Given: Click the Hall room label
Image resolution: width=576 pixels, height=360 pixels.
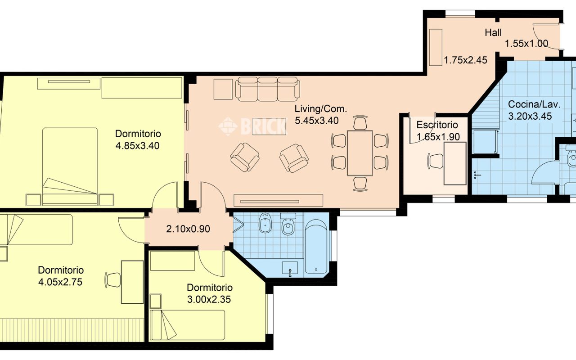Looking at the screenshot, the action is [x=493, y=33].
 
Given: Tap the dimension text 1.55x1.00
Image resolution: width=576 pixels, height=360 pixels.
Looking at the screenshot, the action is [x=526, y=44].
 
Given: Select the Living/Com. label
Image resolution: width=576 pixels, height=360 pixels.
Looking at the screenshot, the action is [x=321, y=109].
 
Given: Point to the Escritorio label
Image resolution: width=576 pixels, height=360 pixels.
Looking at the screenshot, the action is [x=437, y=125].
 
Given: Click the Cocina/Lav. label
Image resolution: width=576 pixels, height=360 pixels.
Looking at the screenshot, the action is [x=534, y=104].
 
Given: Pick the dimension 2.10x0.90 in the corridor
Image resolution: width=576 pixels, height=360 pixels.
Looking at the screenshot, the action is [x=188, y=229].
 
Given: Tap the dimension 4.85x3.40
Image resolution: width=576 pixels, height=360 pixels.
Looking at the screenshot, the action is [x=137, y=146].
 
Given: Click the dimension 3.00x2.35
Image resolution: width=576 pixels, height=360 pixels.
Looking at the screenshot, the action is [x=209, y=300].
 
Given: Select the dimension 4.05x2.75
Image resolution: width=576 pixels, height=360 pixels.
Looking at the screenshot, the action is [x=60, y=282].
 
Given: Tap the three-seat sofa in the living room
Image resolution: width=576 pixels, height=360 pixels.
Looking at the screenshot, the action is [x=267, y=89].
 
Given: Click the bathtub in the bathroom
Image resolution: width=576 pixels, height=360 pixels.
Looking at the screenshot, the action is [x=316, y=247].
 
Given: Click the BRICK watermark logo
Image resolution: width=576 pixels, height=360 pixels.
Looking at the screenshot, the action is [x=252, y=126].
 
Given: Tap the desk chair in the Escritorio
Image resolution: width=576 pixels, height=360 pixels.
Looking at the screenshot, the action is [x=435, y=161].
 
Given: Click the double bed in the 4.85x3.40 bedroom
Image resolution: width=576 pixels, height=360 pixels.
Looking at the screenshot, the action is [x=70, y=166].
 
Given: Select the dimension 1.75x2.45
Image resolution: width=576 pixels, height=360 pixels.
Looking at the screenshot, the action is [x=466, y=60].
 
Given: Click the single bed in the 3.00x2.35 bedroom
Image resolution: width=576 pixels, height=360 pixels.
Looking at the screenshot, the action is [x=188, y=325].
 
